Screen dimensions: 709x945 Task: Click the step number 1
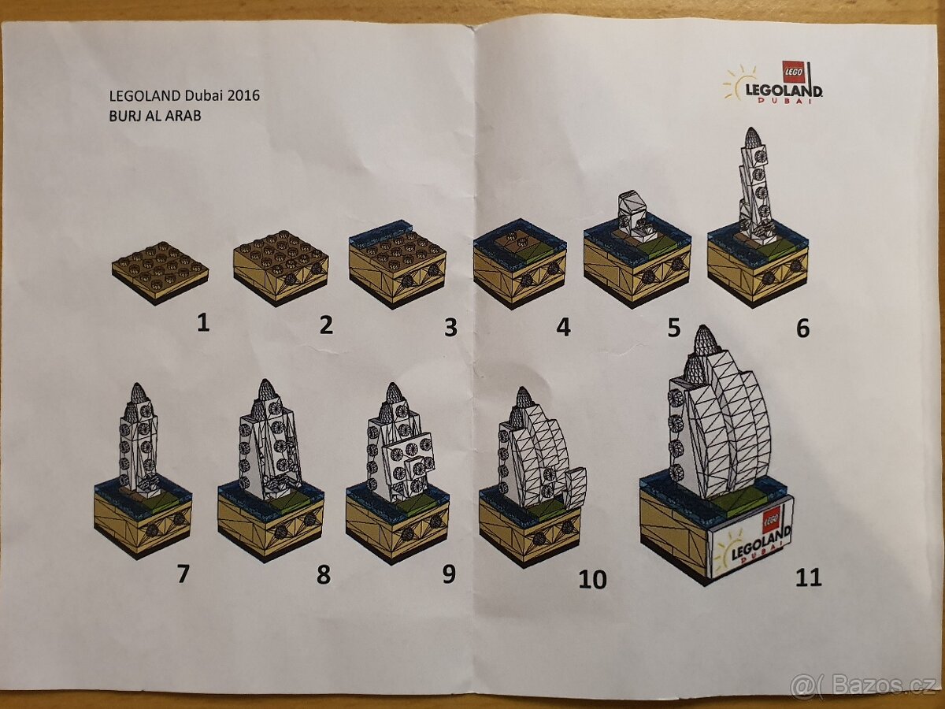(203, 323)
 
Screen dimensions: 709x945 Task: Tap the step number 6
(802, 328)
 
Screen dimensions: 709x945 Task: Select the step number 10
(592, 580)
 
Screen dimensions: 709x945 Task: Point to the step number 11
(808, 577)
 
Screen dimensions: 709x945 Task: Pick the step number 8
(323, 575)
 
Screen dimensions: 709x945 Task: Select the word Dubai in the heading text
(199, 96)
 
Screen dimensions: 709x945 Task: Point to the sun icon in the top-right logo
(739, 83)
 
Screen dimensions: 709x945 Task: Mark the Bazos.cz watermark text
(874, 686)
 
